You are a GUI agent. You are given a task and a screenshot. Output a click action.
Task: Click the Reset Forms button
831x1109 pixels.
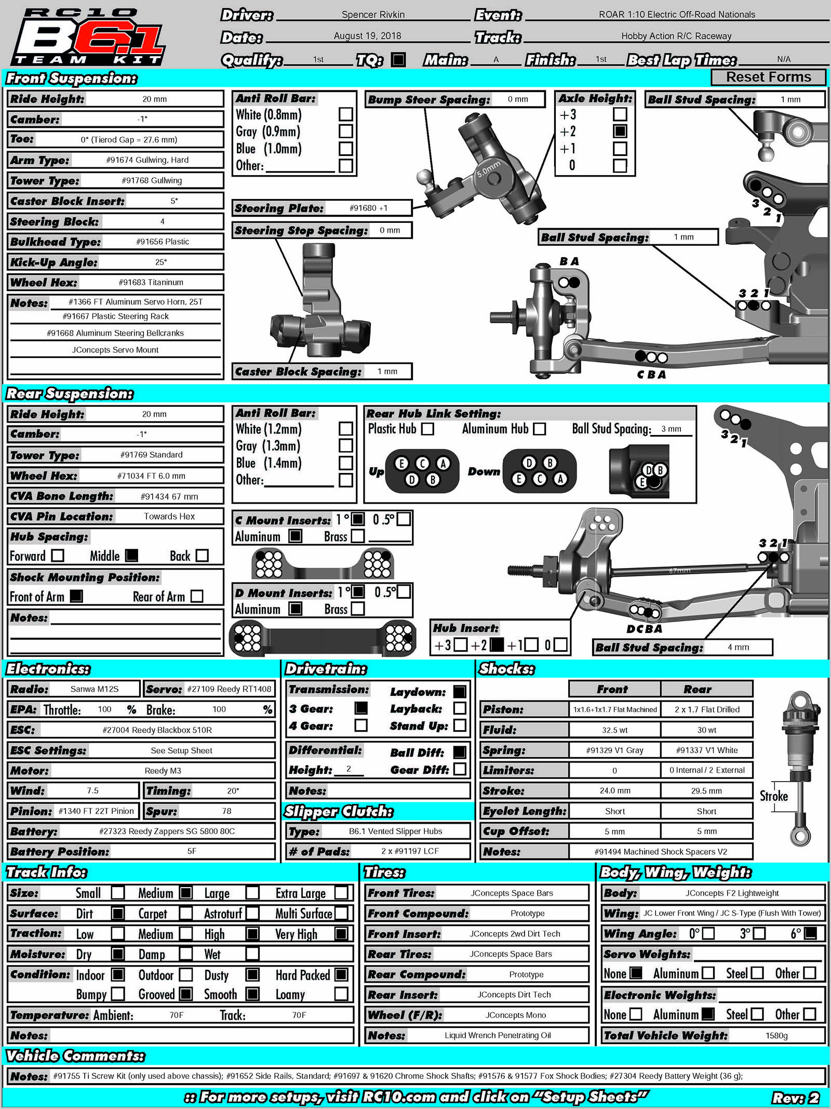(768, 77)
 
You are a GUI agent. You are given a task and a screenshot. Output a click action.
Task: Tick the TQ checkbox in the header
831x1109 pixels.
(398, 60)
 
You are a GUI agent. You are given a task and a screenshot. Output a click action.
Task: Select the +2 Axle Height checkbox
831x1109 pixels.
(620, 131)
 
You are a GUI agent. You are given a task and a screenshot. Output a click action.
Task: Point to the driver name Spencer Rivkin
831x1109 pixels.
(373, 15)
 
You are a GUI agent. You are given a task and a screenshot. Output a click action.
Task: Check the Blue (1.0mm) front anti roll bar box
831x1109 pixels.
(345, 149)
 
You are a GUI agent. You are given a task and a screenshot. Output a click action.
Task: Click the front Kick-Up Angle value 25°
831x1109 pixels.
(161, 262)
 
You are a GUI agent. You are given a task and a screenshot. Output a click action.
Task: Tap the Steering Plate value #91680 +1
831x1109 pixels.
(368, 208)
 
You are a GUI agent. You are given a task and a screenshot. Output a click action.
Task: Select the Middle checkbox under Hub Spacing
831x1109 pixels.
(132, 556)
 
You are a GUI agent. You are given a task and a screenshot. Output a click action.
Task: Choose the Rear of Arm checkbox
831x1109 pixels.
(197, 596)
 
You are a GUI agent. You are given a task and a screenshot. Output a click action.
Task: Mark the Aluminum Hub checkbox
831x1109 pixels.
(540, 429)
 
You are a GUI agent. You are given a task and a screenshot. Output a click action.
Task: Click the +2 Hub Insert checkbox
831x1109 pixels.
(497, 645)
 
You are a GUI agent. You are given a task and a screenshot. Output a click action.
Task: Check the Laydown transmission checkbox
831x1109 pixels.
(460, 692)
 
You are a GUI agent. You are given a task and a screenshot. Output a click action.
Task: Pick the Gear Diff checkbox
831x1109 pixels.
(460, 769)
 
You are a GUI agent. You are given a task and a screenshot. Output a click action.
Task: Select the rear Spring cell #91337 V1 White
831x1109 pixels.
(706, 750)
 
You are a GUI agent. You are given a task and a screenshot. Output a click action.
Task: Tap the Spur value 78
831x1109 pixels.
(226, 811)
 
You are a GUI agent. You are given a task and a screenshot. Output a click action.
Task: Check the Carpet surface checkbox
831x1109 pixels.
(185, 913)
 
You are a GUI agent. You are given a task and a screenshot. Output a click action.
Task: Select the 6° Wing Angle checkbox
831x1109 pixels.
(810, 933)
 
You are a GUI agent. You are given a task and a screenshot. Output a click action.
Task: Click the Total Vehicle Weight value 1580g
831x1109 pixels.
(776, 1036)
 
